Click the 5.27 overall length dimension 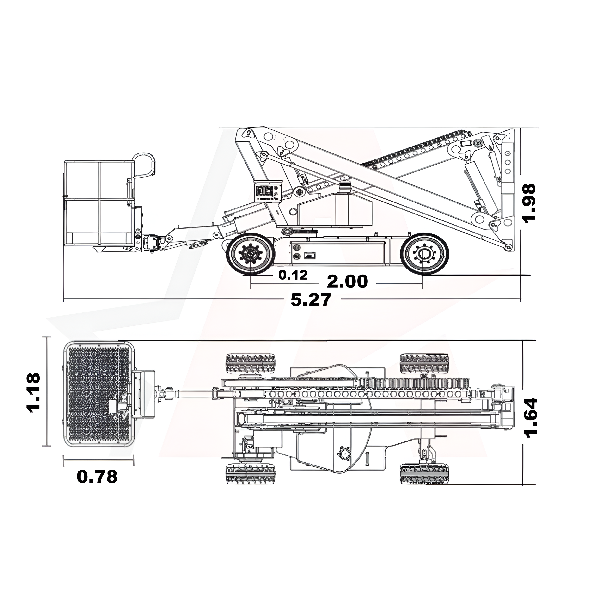311,300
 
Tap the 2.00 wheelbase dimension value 347,281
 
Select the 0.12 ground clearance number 293,275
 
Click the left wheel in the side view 250,254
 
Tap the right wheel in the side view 424,254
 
